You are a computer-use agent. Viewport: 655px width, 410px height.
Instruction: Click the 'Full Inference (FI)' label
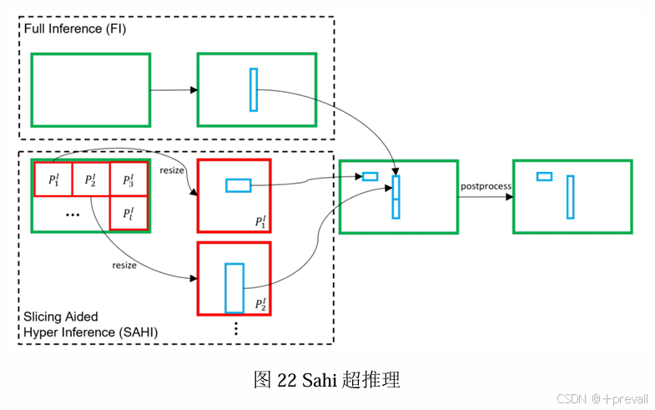point(75,29)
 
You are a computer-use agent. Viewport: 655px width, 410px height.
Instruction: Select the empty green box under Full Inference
point(91,89)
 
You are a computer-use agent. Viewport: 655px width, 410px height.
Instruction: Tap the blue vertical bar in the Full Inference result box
point(254,89)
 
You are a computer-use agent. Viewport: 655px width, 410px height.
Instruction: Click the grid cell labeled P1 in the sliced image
point(53,180)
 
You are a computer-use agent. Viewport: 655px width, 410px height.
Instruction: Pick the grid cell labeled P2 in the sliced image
point(91,180)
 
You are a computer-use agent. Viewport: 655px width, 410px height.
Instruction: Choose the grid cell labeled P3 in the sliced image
point(128,180)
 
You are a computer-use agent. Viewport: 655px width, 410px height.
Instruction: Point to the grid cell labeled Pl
point(128,213)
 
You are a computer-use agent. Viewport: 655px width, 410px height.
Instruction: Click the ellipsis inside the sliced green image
point(72,215)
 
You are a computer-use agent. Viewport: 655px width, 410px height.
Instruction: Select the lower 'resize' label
point(124,265)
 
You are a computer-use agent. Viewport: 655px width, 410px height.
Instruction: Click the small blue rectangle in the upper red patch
point(238,185)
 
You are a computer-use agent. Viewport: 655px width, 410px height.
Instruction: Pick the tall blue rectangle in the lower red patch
point(234,287)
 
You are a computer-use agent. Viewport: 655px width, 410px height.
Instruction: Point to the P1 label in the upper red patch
point(261,221)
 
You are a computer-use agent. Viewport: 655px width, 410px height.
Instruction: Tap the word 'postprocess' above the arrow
point(486,185)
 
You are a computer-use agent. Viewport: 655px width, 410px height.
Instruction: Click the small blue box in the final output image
point(544,176)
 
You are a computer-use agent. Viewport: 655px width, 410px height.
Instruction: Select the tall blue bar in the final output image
point(570,197)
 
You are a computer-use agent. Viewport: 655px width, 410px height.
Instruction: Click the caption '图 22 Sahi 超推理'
point(327,380)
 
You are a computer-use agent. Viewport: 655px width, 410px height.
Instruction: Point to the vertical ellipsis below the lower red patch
point(236,328)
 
